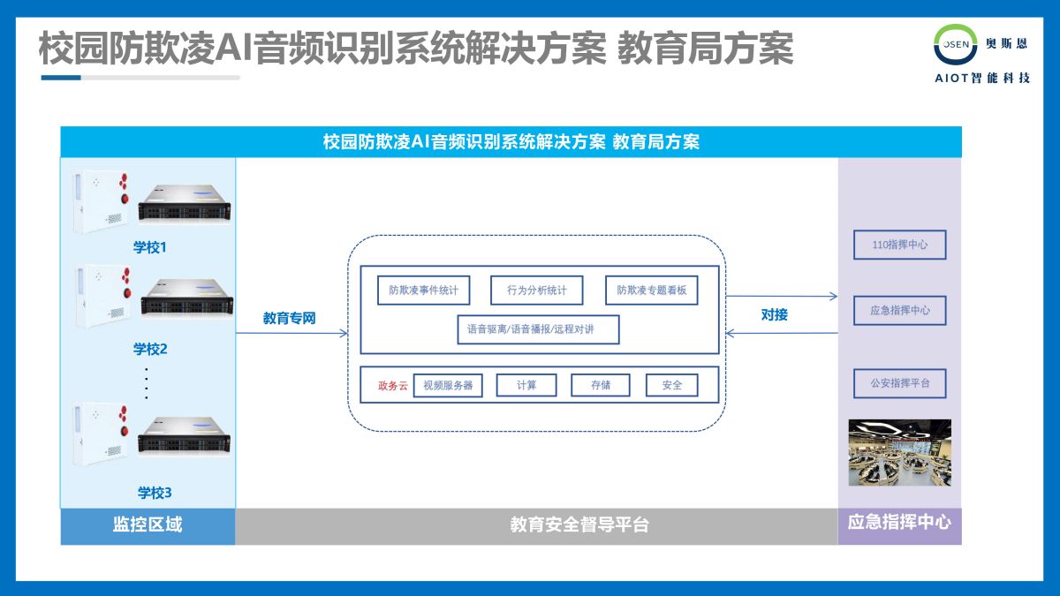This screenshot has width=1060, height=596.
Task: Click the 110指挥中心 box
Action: (899, 245)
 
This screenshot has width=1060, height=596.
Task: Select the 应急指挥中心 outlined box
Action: (899, 311)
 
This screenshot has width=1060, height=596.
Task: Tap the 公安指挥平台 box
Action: (899, 384)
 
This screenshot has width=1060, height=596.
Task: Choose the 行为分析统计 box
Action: (537, 290)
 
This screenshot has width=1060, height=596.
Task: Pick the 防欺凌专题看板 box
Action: (651, 290)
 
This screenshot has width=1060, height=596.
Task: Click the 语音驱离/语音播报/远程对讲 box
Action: (538, 329)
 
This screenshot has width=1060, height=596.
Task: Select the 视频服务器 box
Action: (448, 385)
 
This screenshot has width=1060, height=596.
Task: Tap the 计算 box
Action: (526, 385)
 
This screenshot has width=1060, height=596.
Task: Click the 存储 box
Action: (601, 385)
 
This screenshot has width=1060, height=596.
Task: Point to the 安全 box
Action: (671, 385)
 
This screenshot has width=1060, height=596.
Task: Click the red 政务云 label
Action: (392, 385)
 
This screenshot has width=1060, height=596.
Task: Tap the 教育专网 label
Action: (289, 318)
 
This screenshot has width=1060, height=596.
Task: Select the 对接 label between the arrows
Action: (774, 314)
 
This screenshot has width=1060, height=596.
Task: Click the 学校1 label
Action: (149, 247)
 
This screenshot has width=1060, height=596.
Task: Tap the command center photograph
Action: (899, 452)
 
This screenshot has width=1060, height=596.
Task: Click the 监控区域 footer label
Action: (148, 524)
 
